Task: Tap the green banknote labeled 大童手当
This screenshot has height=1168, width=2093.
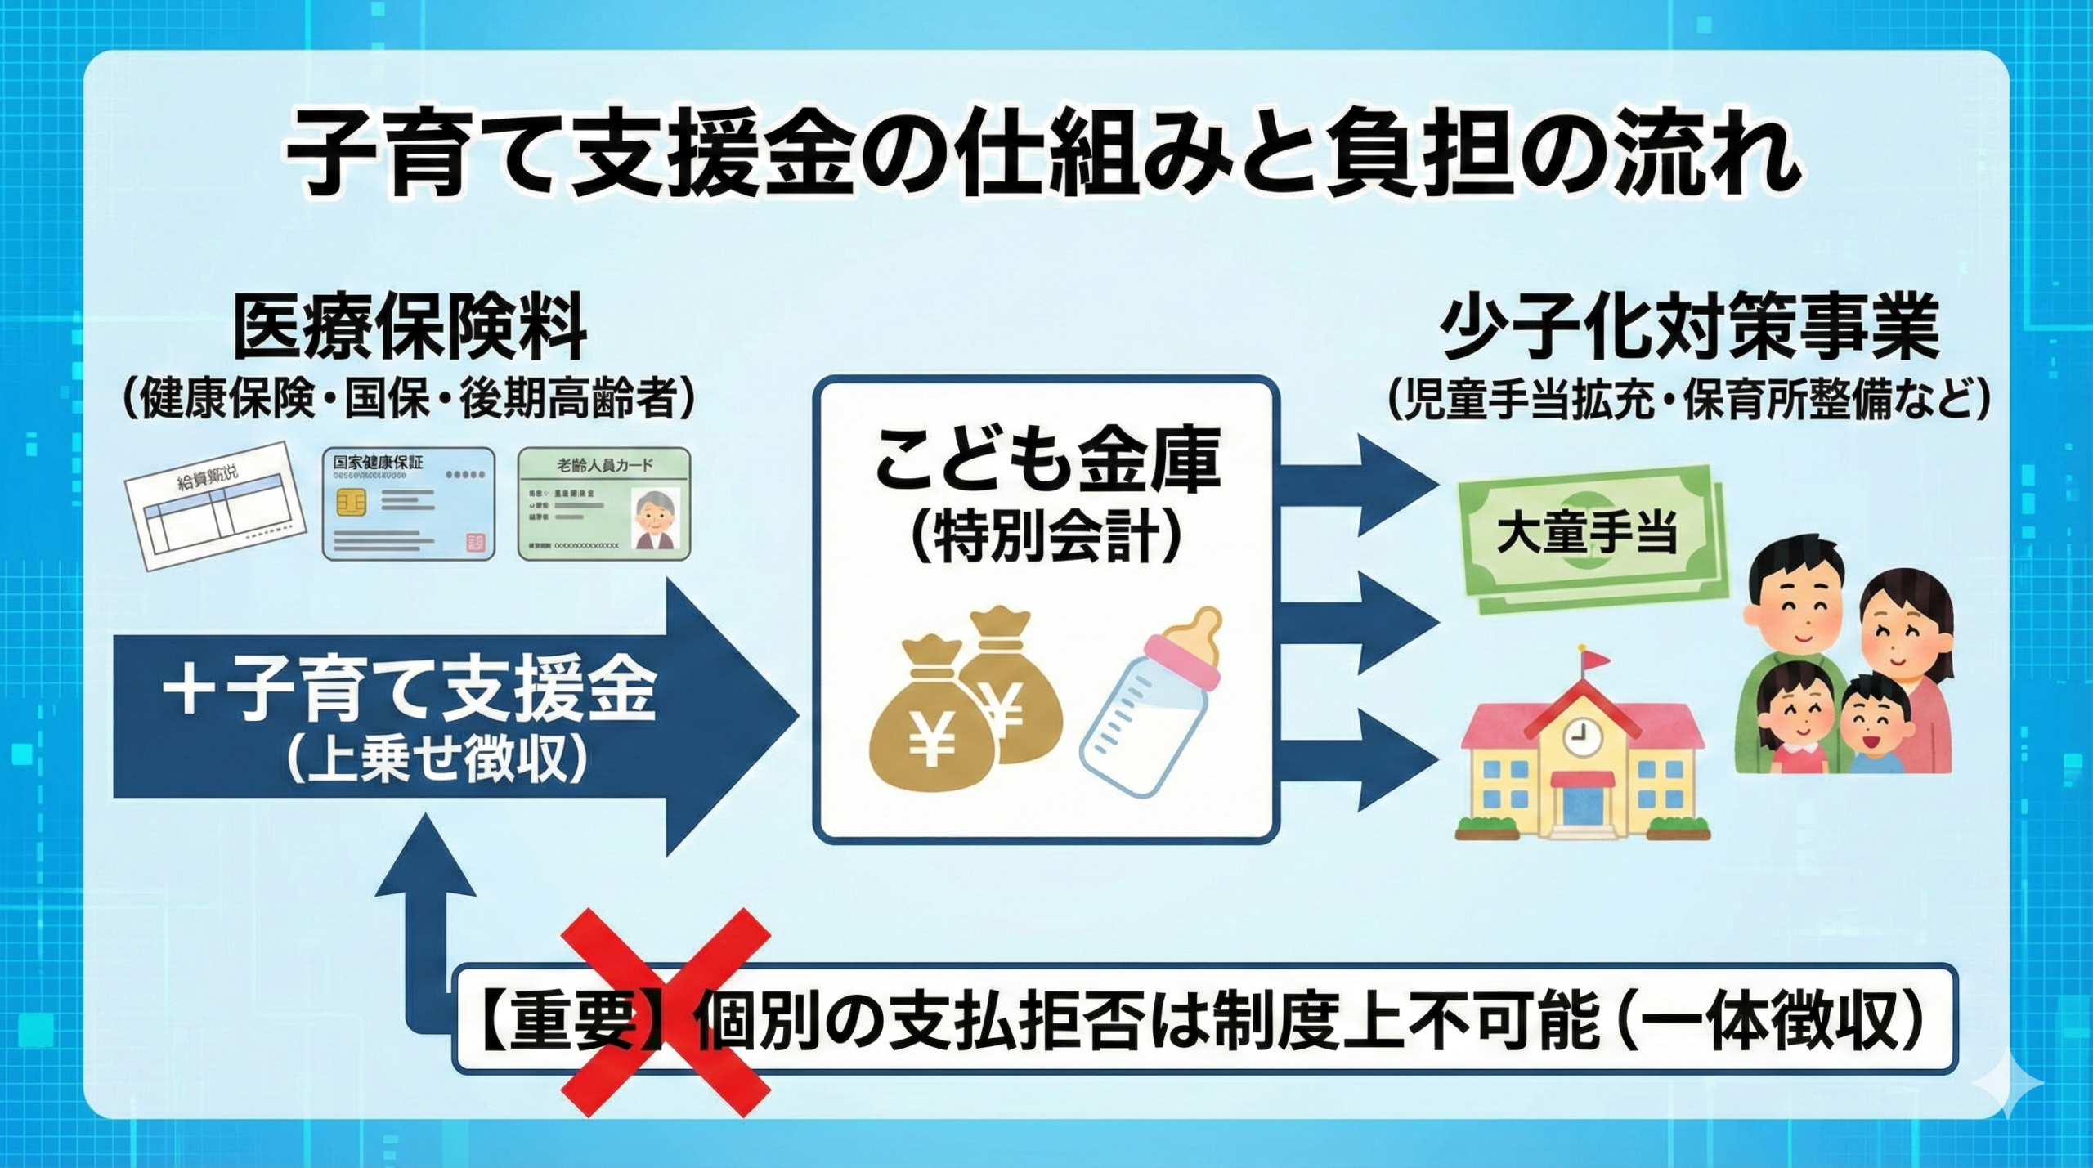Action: click(1586, 535)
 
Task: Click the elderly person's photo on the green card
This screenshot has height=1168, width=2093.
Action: click(657, 517)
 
